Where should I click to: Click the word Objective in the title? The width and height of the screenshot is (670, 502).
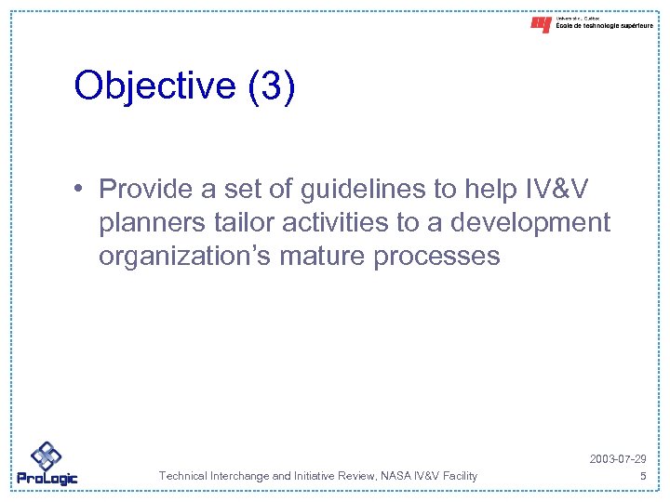(x=154, y=86)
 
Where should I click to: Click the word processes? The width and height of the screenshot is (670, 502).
(x=436, y=257)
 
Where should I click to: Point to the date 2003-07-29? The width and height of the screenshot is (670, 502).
(x=618, y=460)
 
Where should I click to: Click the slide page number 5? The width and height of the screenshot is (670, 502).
(x=642, y=476)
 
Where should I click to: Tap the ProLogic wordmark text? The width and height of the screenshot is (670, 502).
(x=47, y=479)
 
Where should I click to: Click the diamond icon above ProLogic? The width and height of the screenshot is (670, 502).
(x=46, y=456)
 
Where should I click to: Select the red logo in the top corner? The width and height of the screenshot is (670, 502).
(x=541, y=25)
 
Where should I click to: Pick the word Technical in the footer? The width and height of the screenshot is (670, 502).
(x=183, y=476)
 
